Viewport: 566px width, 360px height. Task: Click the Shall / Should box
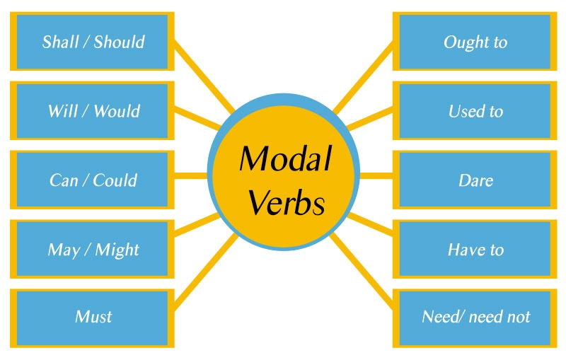coord(92,42)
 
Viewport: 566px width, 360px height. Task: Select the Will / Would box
coord(92,111)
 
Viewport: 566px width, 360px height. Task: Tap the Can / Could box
coord(92,180)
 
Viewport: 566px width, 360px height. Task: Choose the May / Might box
coord(92,250)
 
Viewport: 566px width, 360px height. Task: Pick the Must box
coord(92,316)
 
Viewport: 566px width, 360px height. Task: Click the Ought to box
coord(475,42)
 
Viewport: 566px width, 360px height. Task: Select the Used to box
coord(475,111)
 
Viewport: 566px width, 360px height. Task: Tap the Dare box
coord(475,180)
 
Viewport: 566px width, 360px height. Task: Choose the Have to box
coord(475,250)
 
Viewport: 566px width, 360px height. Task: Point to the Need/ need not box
coord(475,316)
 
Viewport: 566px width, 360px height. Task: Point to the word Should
coord(120,42)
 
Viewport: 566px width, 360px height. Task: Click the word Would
coord(117,111)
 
